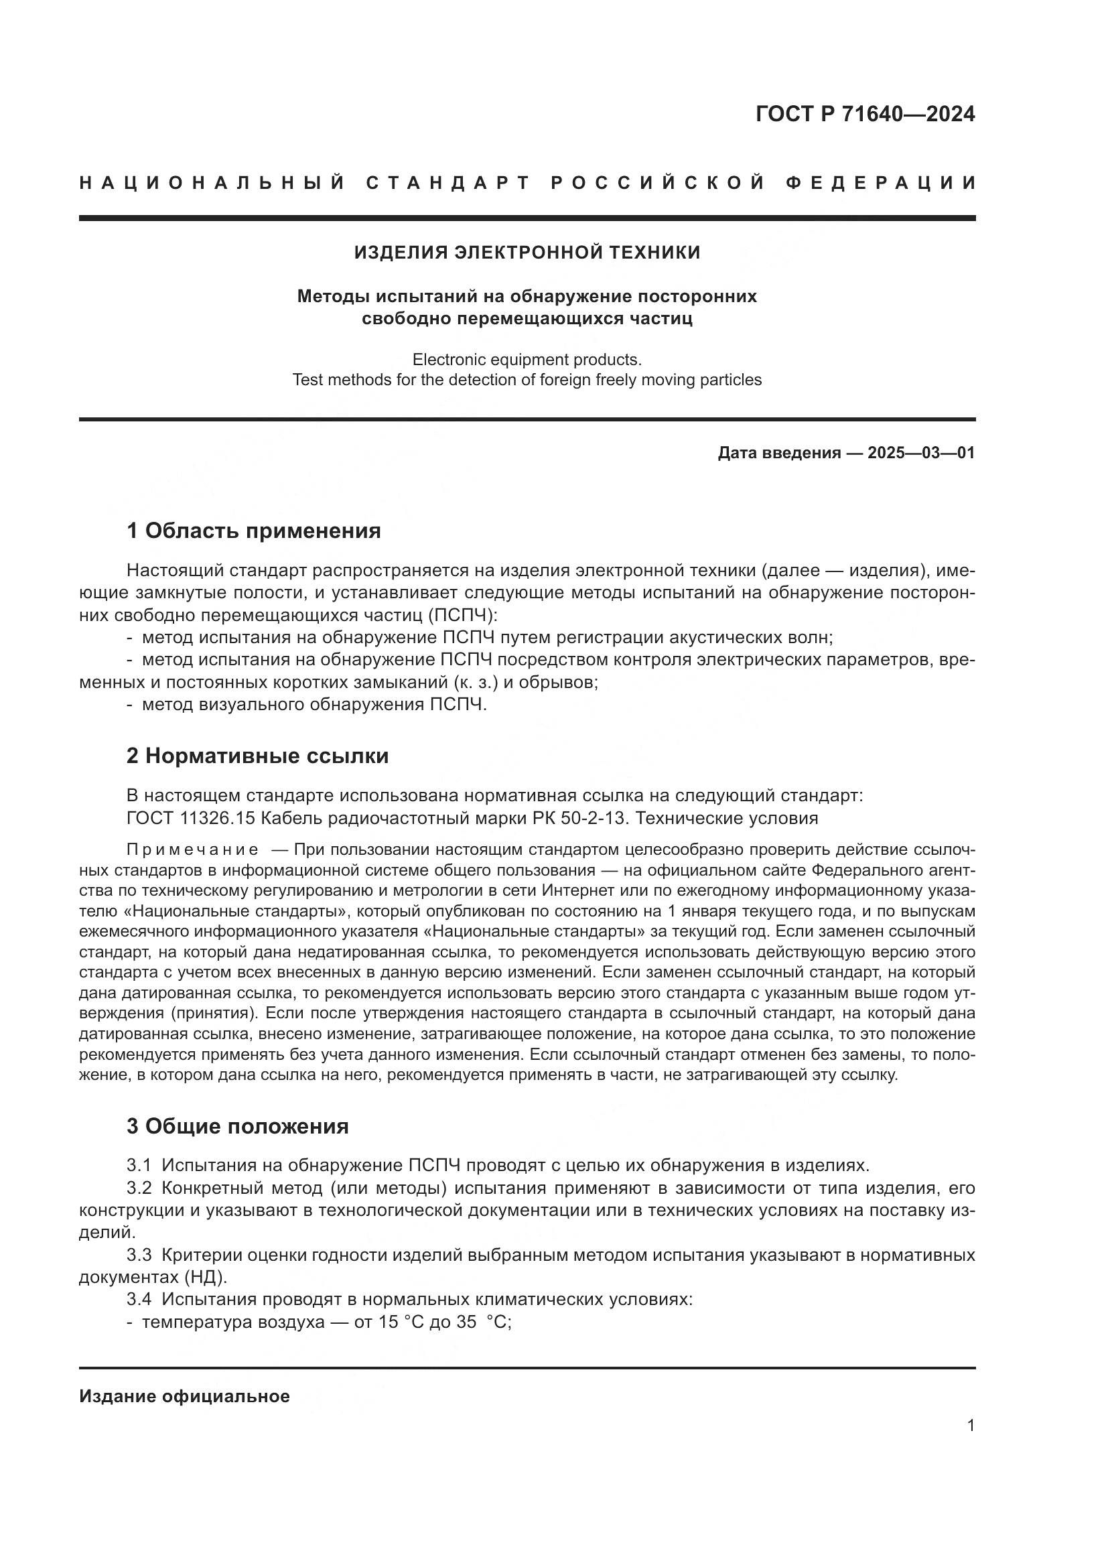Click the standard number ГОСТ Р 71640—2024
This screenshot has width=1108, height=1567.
click(864, 114)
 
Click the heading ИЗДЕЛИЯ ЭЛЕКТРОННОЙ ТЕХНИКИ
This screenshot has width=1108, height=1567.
click(527, 253)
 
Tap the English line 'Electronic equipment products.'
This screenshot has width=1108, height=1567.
click(527, 359)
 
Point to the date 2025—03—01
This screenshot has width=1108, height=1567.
click(921, 452)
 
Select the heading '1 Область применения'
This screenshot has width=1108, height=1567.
click(253, 531)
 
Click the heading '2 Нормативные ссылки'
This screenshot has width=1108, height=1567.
click(257, 756)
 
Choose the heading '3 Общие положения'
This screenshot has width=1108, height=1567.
click(237, 1126)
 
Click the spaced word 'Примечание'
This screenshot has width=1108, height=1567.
click(192, 849)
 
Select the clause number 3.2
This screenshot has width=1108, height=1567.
click(139, 1188)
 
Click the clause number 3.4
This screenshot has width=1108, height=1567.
click(139, 1299)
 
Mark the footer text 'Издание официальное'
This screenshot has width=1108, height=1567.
click(184, 1396)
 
